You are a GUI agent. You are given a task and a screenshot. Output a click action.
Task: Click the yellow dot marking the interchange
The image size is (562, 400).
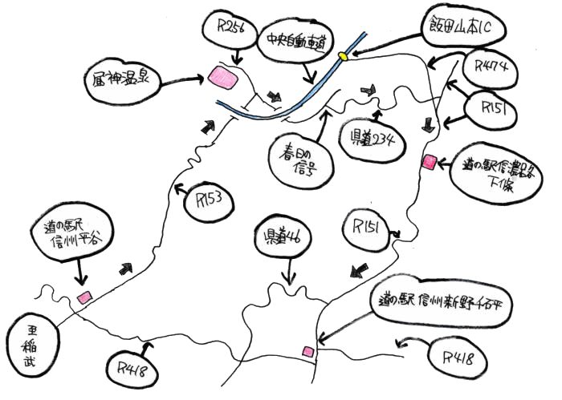click(x=343, y=56)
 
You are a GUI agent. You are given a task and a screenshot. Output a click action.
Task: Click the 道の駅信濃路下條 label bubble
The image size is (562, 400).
click(x=502, y=173)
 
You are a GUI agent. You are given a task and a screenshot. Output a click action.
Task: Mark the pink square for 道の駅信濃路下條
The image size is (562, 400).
click(x=430, y=162)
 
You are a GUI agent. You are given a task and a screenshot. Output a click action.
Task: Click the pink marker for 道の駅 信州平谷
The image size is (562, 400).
click(x=83, y=297)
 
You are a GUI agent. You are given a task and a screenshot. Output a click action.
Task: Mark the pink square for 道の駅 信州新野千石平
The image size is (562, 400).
click(x=307, y=351)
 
